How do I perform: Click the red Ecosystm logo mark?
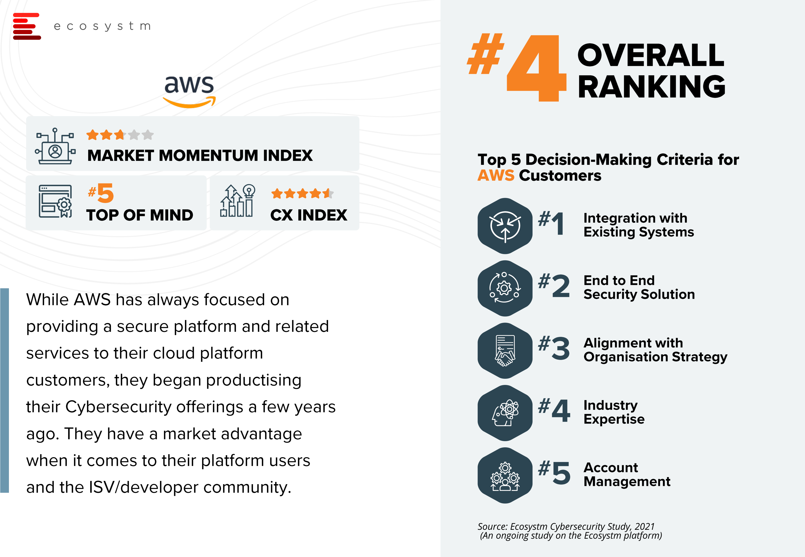[27, 26]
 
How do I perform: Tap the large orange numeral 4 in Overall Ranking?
[537, 68]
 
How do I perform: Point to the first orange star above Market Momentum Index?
[92, 135]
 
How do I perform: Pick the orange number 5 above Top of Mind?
[106, 193]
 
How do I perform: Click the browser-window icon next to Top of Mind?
[55, 201]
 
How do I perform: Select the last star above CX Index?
[328, 193]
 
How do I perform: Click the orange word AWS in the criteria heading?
[496, 175]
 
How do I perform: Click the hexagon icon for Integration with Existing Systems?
[505, 226]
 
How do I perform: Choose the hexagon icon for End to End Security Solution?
[505, 288]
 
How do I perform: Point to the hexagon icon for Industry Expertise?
[505, 413]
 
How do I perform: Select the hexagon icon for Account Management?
[505, 475]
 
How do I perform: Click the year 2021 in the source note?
[644, 526]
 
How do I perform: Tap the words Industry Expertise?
[614, 412]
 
